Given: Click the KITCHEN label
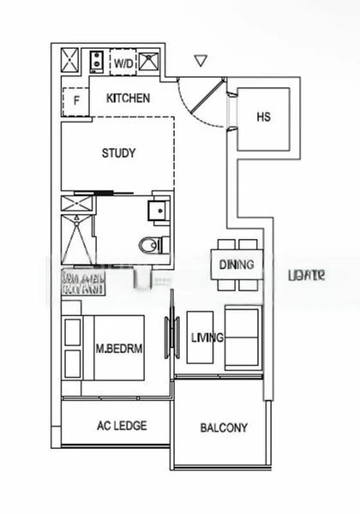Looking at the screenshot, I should (x=129, y=99).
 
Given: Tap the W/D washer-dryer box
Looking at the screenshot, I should (x=124, y=63).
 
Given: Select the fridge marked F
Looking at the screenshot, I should (x=75, y=101).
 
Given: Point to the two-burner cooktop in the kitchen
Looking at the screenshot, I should (x=98, y=62).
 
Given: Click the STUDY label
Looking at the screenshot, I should (x=118, y=153).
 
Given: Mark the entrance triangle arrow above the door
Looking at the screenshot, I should (x=201, y=61).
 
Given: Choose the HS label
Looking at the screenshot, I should (x=263, y=117).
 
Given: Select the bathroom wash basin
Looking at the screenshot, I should (x=156, y=211).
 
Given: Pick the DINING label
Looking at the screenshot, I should (x=236, y=265).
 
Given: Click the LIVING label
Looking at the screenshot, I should (x=207, y=338).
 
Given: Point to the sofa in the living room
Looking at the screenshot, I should (x=243, y=338).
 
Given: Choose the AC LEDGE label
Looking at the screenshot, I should (x=122, y=426).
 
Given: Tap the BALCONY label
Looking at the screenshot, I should (x=224, y=427).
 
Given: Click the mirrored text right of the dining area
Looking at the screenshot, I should (x=306, y=275).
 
